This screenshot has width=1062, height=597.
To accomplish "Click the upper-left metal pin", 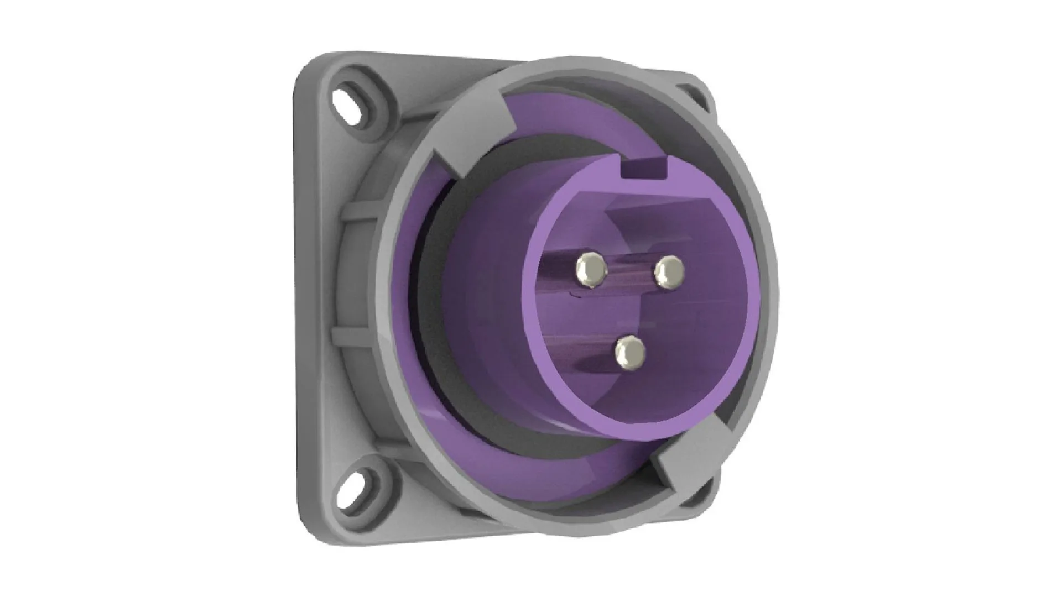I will tap(591, 270).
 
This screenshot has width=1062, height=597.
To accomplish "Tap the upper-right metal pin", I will tap(669, 271).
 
